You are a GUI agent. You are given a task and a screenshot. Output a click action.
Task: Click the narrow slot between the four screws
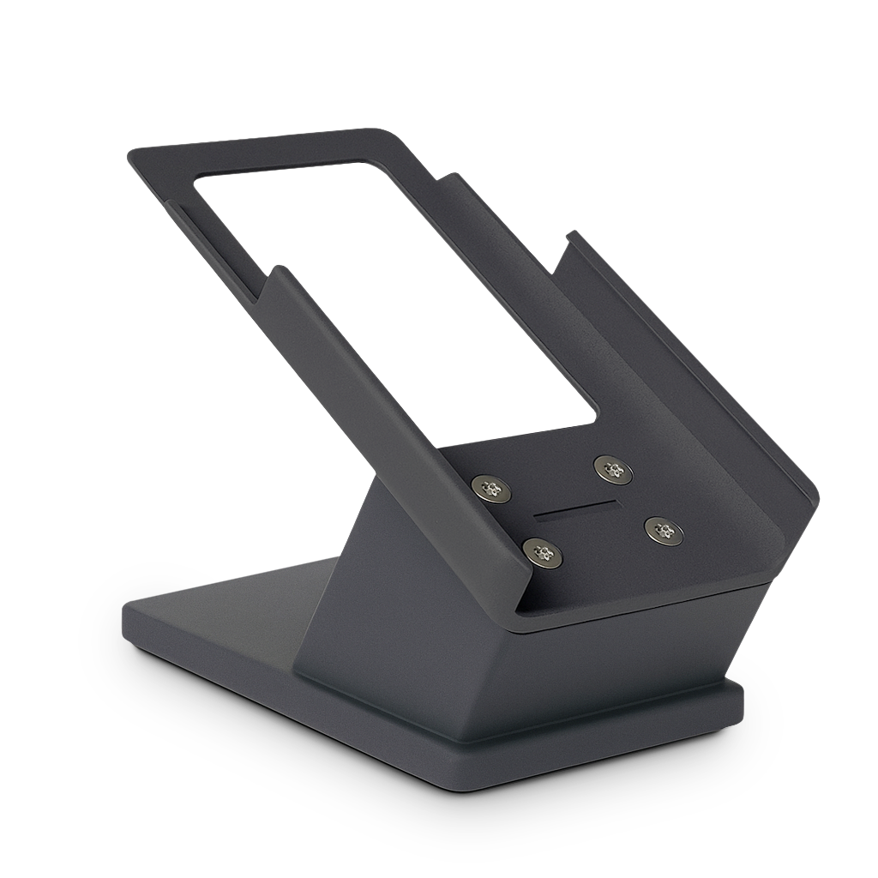pos(575,511)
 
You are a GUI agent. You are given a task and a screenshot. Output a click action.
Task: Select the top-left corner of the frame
pos(130,153)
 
